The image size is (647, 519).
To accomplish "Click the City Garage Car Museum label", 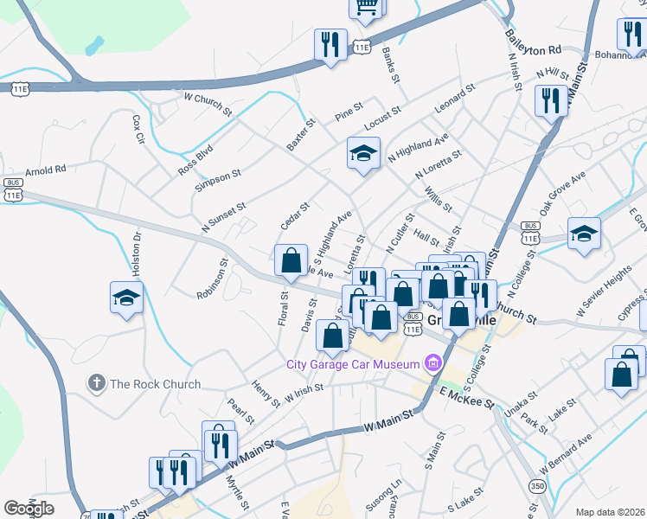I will [x=353, y=363].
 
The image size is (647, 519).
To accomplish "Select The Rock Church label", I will [x=155, y=384].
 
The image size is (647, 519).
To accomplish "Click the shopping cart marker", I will [x=366, y=7].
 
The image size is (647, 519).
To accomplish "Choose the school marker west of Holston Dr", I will [x=127, y=298].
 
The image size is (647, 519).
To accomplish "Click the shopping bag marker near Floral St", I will [x=291, y=259].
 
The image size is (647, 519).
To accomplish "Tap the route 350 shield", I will [x=538, y=486].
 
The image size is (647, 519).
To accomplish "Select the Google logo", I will [x=29, y=509].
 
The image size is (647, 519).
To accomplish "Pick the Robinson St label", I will [x=212, y=278].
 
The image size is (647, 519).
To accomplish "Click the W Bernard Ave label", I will [x=567, y=458].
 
